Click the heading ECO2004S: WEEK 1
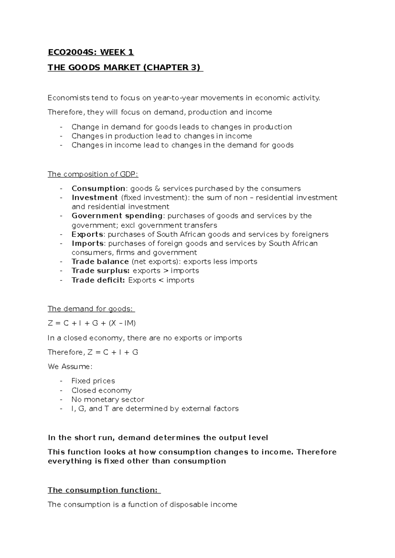(91, 52)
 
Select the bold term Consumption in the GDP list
(98, 189)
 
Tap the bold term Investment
(94, 197)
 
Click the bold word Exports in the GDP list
(88, 234)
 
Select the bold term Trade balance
(100, 262)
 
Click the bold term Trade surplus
(101, 271)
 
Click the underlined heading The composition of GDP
(93, 174)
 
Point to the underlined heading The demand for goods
(91, 309)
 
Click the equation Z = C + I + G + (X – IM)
(92, 323)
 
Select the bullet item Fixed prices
(93, 381)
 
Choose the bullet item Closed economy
(101, 390)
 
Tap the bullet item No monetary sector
(108, 399)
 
